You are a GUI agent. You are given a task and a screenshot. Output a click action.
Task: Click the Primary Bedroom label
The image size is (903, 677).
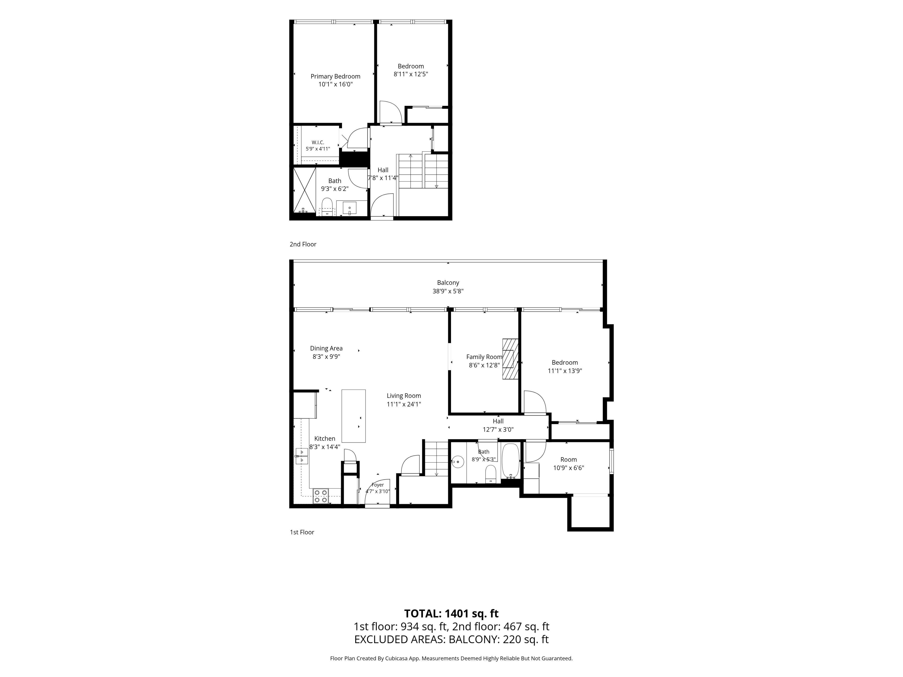coord(335,76)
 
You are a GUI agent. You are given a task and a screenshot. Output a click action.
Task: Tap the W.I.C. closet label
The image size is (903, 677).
coord(318,142)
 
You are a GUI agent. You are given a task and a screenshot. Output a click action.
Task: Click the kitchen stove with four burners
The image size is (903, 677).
coord(321,496)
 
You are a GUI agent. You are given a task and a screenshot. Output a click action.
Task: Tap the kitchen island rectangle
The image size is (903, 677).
coord(353,416)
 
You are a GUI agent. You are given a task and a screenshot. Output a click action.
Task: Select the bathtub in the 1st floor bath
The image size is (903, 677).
coord(510,461)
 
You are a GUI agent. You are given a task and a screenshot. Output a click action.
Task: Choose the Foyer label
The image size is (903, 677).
coord(378,485)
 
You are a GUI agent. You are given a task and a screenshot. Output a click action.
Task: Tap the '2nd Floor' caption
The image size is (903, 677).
coord(303,244)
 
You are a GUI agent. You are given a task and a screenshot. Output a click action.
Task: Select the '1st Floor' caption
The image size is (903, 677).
coord(302,532)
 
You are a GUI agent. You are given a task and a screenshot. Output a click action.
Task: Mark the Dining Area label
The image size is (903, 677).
coord(326,348)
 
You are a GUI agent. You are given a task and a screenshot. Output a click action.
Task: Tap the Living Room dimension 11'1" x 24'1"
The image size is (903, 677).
coord(404,404)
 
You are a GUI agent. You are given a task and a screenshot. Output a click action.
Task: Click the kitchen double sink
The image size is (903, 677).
coord(302,456)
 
